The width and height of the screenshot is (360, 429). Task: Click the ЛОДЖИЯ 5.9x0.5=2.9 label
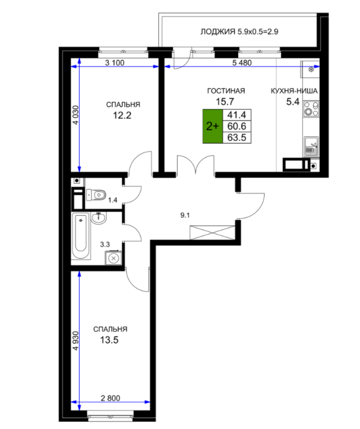coord(239,32)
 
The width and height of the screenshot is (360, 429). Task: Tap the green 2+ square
coord(212,126)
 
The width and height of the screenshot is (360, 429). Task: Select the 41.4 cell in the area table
coord(237,115)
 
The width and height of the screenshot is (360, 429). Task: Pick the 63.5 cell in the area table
coord(237,137)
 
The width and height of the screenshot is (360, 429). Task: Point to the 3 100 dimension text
coord(114,63)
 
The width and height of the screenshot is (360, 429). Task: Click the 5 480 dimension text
coord(242,63)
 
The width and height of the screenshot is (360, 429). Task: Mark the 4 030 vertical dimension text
coord(76,115)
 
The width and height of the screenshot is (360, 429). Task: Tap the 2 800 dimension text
coord(110,398)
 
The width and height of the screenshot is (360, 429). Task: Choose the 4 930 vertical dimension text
coord(76,341)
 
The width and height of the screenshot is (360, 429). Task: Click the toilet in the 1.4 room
coord(96,195)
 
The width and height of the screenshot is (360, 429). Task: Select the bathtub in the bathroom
coord(81,236)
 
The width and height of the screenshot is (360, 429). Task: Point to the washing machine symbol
coord(113,258)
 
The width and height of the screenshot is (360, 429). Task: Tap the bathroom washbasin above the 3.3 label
coord(98,218)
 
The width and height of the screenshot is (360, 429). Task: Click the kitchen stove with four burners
coord(311,109)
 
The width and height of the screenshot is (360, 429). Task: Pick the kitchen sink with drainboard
coord(311,146)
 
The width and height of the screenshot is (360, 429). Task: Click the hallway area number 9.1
coord(185,215)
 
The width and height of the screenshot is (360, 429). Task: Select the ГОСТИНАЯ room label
coord(226,91)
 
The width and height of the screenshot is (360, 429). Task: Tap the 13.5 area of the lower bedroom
coord(109,340)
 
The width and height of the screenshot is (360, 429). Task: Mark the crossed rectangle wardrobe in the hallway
coord(212,232)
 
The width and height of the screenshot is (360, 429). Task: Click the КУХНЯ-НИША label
coord(294,91)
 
